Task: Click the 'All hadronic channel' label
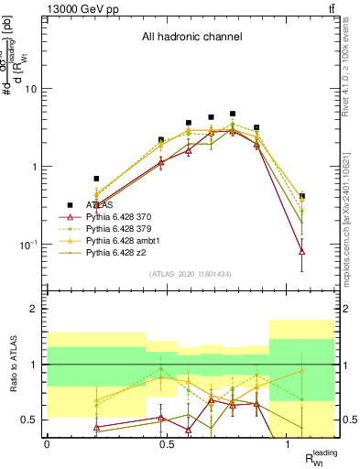191,38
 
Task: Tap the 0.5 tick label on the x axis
168,443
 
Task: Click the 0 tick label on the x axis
47,443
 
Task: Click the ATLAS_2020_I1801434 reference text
190,273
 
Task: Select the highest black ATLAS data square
233,115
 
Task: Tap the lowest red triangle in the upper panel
302,251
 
